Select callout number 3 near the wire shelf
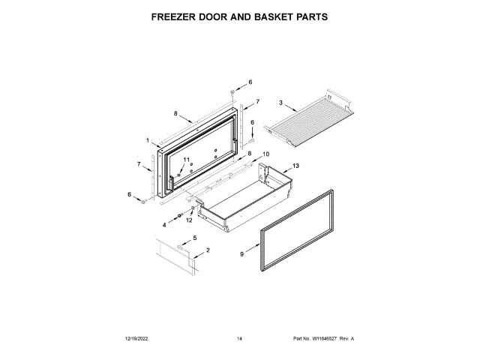pyautogui.click(x=280, y=102)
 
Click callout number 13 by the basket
pyautogui.click(x=295, y=165)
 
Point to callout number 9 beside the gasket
pyautogui.click(x=241, y=254)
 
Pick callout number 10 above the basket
pyautogui.click(x=265, y=154)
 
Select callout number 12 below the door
pyautogui.click(x=189, y=220)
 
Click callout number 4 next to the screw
pyautogui.click(x=165, y=223)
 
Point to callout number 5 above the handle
pyautogui.click(x=196, y=238)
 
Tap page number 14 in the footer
pyautogui.click(x=239, y=339)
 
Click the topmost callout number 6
pyautogui.click(x=250, y=82)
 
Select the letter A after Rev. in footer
pyautogui.click(x=352, y=339)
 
